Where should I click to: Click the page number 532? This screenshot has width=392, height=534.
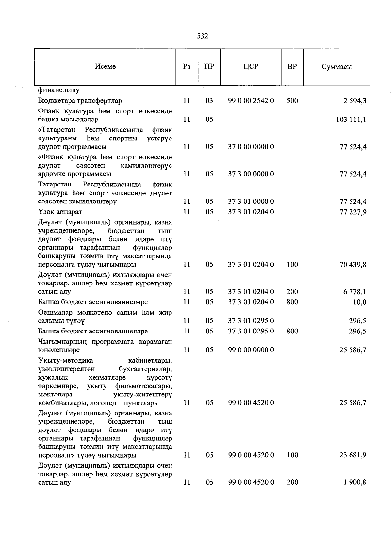coord(203,36)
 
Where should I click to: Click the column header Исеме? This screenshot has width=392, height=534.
coord(105,67)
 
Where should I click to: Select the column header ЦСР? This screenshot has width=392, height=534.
coord(251,67)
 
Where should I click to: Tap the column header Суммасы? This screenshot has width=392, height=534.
coord(336,67)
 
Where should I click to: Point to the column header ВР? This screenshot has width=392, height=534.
coord(292,67)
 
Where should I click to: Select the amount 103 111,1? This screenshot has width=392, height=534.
coord(351,120)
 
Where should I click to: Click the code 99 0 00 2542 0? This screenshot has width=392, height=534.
coord(251,101)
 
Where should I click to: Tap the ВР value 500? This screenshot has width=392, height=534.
coord(292,101)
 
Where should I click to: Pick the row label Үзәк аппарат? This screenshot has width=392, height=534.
coord(60,212)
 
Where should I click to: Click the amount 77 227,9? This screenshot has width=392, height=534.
coord(353,212)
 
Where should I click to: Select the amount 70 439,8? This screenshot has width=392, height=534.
coord(353,265)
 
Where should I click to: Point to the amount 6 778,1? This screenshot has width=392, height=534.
coord(354,292)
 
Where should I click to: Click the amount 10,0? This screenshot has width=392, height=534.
coord(359,302)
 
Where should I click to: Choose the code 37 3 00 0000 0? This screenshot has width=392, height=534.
coord(251,174)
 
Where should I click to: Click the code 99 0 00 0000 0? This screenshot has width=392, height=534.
coord(251,350)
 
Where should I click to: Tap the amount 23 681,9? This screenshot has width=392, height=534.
coord(353,455)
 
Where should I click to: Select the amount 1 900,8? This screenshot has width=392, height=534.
coord(354,482)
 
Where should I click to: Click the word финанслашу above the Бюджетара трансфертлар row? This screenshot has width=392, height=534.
coord(58,90)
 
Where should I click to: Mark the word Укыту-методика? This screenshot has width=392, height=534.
coord(65,361)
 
